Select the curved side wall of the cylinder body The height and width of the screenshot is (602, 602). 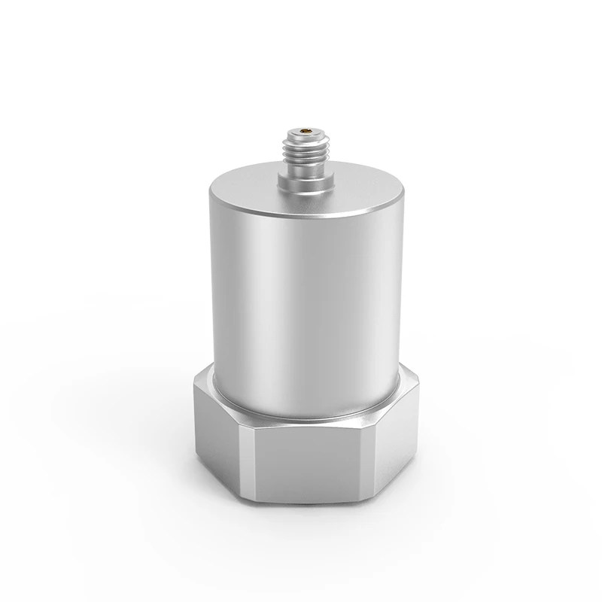point(301,301)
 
